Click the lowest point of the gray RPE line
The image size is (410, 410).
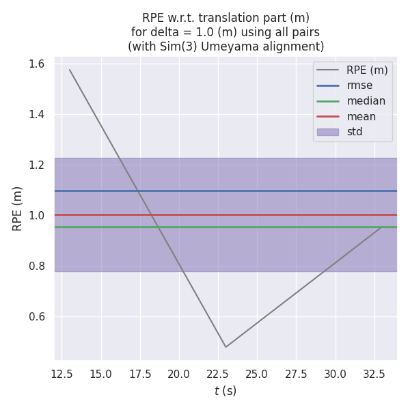tap(225, 346)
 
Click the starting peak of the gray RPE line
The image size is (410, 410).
tap(70, 70)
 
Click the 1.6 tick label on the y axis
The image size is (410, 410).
tap(37, 64)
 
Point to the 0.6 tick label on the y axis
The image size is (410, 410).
tap(37, 316)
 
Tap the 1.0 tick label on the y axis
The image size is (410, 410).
tap(37, 215)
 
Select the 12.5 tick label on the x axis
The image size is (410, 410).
tap(62, 374)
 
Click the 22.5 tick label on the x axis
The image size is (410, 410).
tap(218, 374)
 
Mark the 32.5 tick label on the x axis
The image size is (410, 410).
tap(374, 374)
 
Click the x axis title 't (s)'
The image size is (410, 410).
tap(225, 391)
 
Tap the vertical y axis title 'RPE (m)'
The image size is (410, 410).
tap(18, 208)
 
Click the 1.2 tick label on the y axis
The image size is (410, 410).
tap(37, 165)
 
